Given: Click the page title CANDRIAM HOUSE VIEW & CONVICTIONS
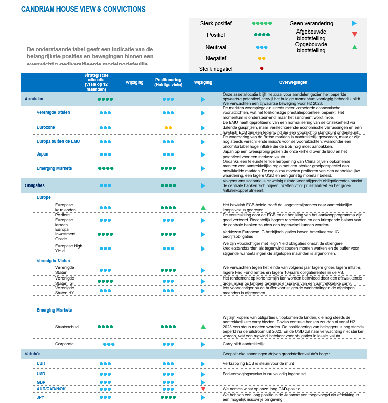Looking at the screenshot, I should pos(83,9).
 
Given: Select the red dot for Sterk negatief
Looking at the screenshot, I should pos(262,68).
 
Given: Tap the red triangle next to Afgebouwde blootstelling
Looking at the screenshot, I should pos(354,35).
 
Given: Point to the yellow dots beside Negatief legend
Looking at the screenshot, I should pos(262,58).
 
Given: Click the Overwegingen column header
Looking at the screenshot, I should pos(294,82).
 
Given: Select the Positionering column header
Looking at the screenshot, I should pos(168,82).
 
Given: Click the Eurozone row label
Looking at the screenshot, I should pos(46,127).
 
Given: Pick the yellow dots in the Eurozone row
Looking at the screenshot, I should pos(168,127).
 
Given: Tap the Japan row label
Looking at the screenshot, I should pos(43,154).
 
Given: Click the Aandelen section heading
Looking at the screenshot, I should pos(34,99).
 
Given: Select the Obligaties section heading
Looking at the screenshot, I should pos(35,185).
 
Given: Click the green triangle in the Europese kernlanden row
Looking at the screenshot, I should pos(203,207).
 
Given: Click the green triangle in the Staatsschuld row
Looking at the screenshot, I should pos(203,326).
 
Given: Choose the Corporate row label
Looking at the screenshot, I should pos(65,344).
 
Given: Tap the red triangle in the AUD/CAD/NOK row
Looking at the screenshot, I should pos(203,389).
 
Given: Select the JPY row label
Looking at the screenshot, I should pos(41,397).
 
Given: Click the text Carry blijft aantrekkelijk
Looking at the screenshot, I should pos(244,344).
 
